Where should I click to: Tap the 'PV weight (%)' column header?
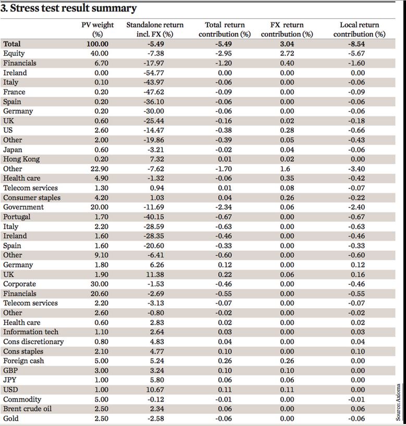[97, 29]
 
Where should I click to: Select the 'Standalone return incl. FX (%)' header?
[155, 29]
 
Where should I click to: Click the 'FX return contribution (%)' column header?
[287, 29]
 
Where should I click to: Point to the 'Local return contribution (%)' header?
[359, 29]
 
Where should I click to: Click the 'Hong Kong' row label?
[21, 159]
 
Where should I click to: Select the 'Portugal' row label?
[17, 217]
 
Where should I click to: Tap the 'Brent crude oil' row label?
[27, 409]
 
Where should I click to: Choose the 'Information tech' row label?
[31, 332]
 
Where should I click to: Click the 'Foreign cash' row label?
[23, 361]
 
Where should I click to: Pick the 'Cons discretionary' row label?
[33, 342]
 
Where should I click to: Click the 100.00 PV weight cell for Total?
[97, 44]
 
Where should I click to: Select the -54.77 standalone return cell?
[154, 73]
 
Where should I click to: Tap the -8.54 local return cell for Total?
[356, 44]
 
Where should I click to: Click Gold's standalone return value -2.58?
[155, 418]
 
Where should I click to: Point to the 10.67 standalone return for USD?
[155, 390]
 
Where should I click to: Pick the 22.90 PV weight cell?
[99, 169]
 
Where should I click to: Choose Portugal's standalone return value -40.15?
[154, 217]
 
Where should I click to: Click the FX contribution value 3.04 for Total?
[287, 44]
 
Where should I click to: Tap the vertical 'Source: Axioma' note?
[398, 402]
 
